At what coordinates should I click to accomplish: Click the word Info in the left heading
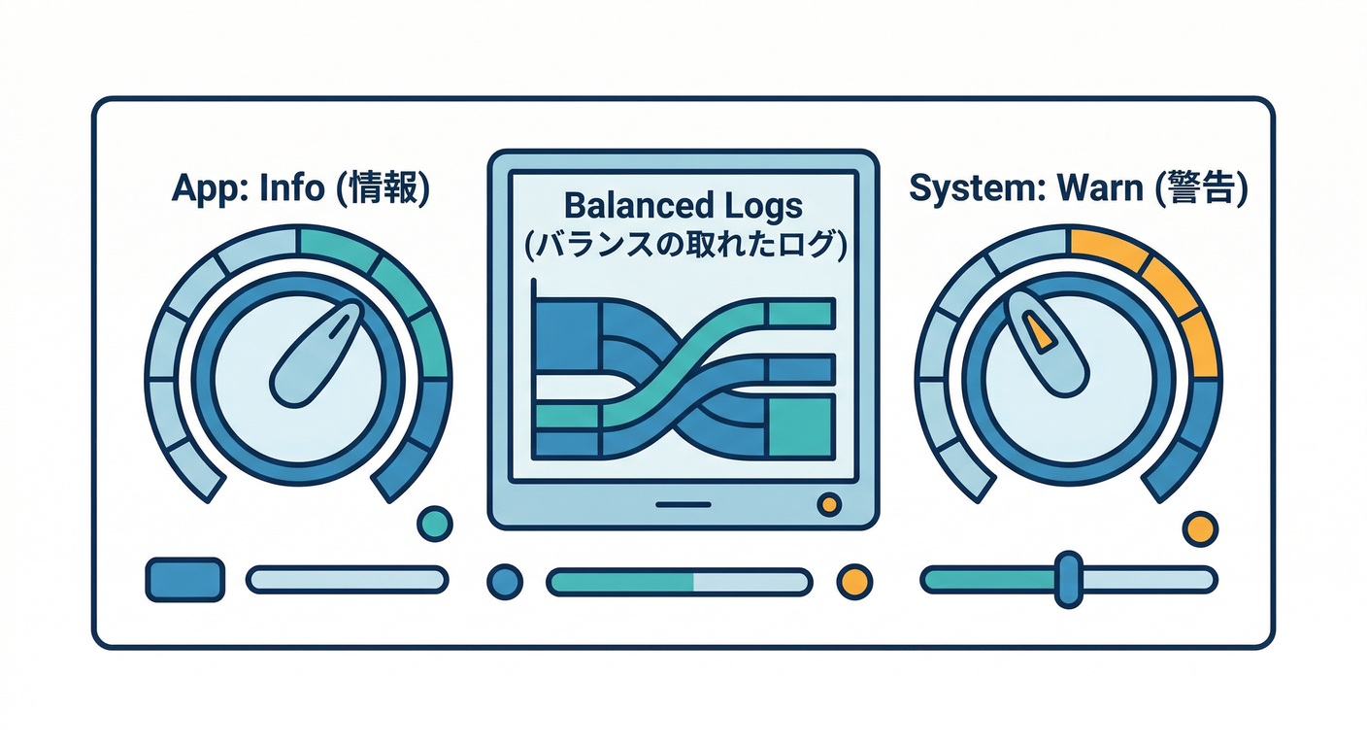(x=291, y=187)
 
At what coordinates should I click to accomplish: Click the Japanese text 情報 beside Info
(x=383, y=187)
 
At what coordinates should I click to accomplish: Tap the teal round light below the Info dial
(x=435, y=524)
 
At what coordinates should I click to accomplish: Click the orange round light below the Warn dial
(x=1200, y=528)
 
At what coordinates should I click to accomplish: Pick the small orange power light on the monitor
(x=829, y=504)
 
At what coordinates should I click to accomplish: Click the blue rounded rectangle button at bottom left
(x=184, y=579)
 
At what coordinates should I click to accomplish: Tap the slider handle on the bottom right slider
(x=1069, y=579)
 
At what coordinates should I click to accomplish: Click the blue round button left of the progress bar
(x=505, y=581)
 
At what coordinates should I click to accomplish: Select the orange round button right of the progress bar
(x=854, y=581)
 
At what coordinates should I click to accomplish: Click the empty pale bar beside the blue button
(x=348, y=579)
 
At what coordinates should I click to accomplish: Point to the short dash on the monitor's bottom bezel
(x=683, y=505)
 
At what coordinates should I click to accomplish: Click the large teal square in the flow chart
(x=801, y=426)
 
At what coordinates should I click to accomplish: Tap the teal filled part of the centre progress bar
(x=621, y=582)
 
